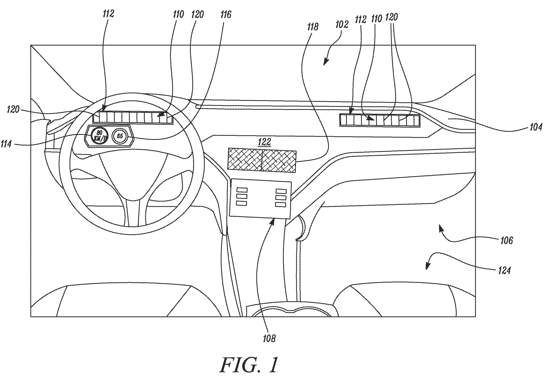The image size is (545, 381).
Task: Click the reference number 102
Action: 342,25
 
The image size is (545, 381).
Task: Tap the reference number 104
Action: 535,127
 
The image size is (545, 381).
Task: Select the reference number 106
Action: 506,241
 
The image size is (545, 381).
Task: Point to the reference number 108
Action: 269,338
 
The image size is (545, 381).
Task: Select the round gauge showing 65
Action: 120,136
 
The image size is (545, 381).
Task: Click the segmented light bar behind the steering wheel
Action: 133,117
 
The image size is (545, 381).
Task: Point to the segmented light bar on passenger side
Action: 379,120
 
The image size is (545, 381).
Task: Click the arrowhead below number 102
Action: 325,63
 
